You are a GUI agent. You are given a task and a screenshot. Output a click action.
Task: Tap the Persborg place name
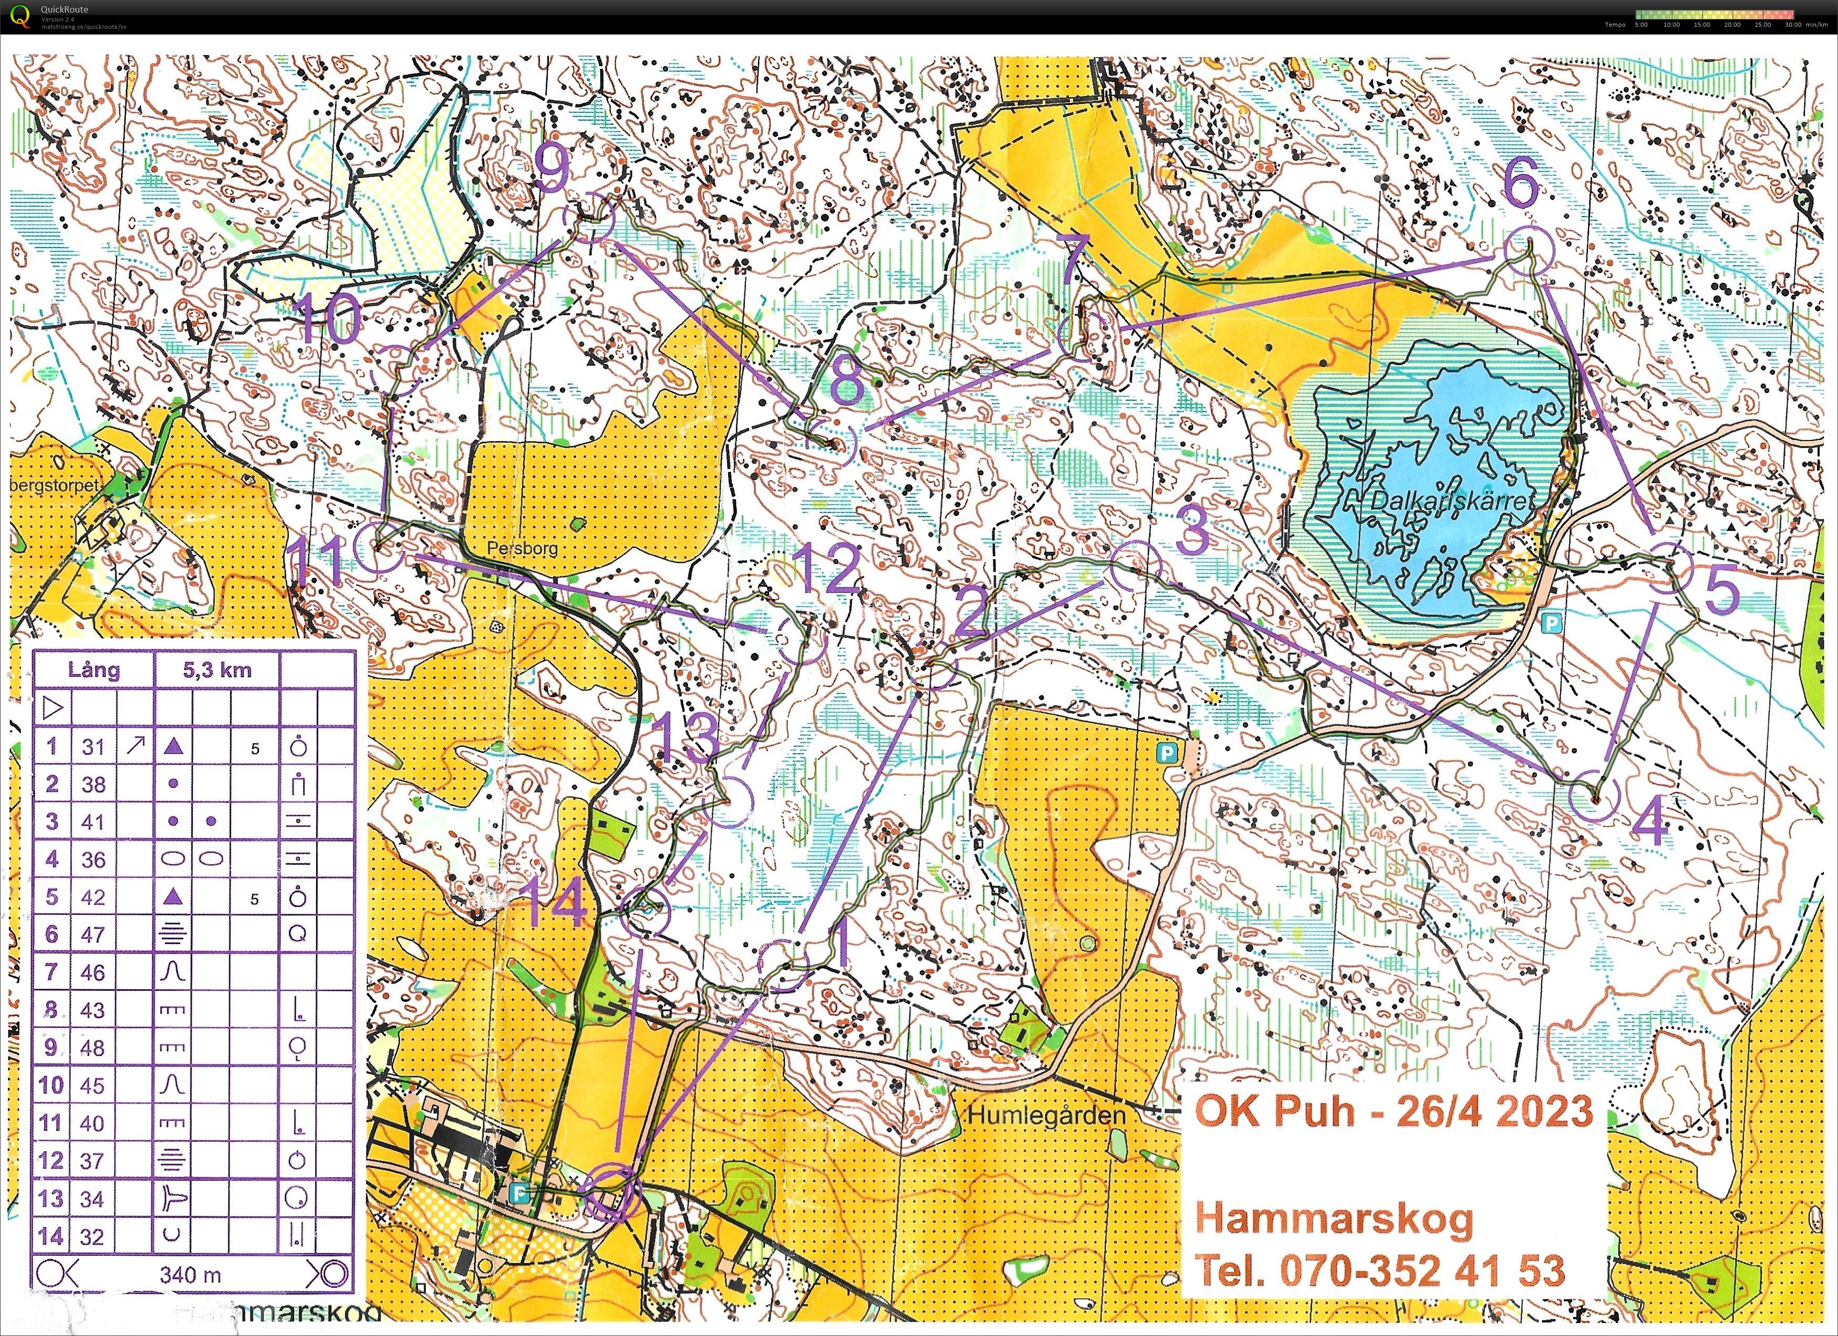coord(522,548)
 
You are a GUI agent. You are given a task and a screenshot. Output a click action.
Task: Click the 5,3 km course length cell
coord(217,670)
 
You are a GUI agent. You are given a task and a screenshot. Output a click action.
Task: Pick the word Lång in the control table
coord(94,670)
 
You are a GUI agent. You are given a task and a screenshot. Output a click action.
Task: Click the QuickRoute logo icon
coord(21,15)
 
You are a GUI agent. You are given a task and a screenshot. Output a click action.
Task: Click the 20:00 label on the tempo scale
coord(1732,24)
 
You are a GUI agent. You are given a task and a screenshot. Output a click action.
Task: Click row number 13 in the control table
coord(51,1198)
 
